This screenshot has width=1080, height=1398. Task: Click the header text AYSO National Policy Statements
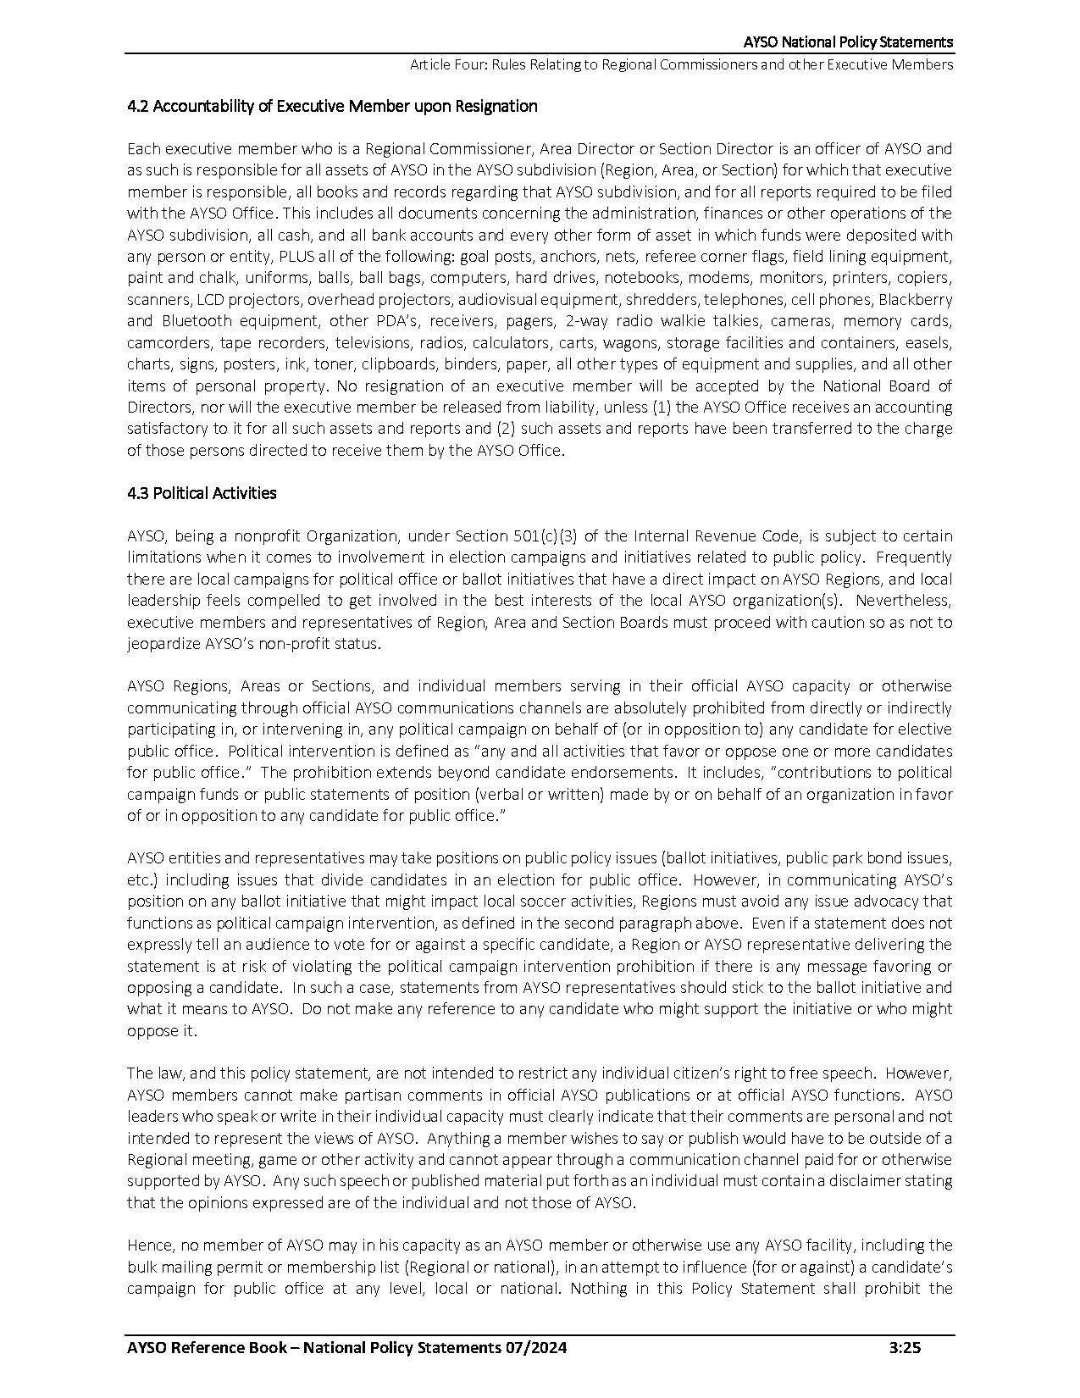click(x=848, y=42)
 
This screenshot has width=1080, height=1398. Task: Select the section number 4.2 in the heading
click(x=138, y=106)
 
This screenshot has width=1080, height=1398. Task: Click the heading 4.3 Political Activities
click(x=202, y=493)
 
